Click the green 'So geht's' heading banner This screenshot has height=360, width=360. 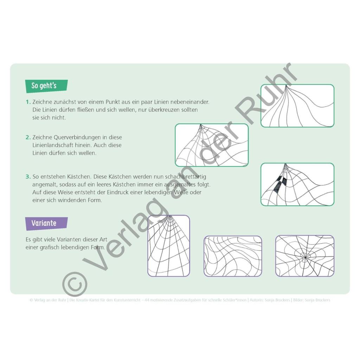46,86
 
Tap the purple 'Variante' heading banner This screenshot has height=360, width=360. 46,223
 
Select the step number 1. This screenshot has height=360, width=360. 28,102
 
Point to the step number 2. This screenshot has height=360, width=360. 28,137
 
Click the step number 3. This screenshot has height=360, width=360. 28,176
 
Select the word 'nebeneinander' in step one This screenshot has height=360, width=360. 189,102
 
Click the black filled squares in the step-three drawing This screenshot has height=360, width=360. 280,184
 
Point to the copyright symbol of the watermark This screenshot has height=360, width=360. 75,284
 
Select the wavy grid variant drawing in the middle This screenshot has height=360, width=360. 233,256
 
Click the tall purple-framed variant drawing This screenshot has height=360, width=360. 169,246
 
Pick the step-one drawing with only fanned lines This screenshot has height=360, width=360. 297,105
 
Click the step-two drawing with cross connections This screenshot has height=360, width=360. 212,145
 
